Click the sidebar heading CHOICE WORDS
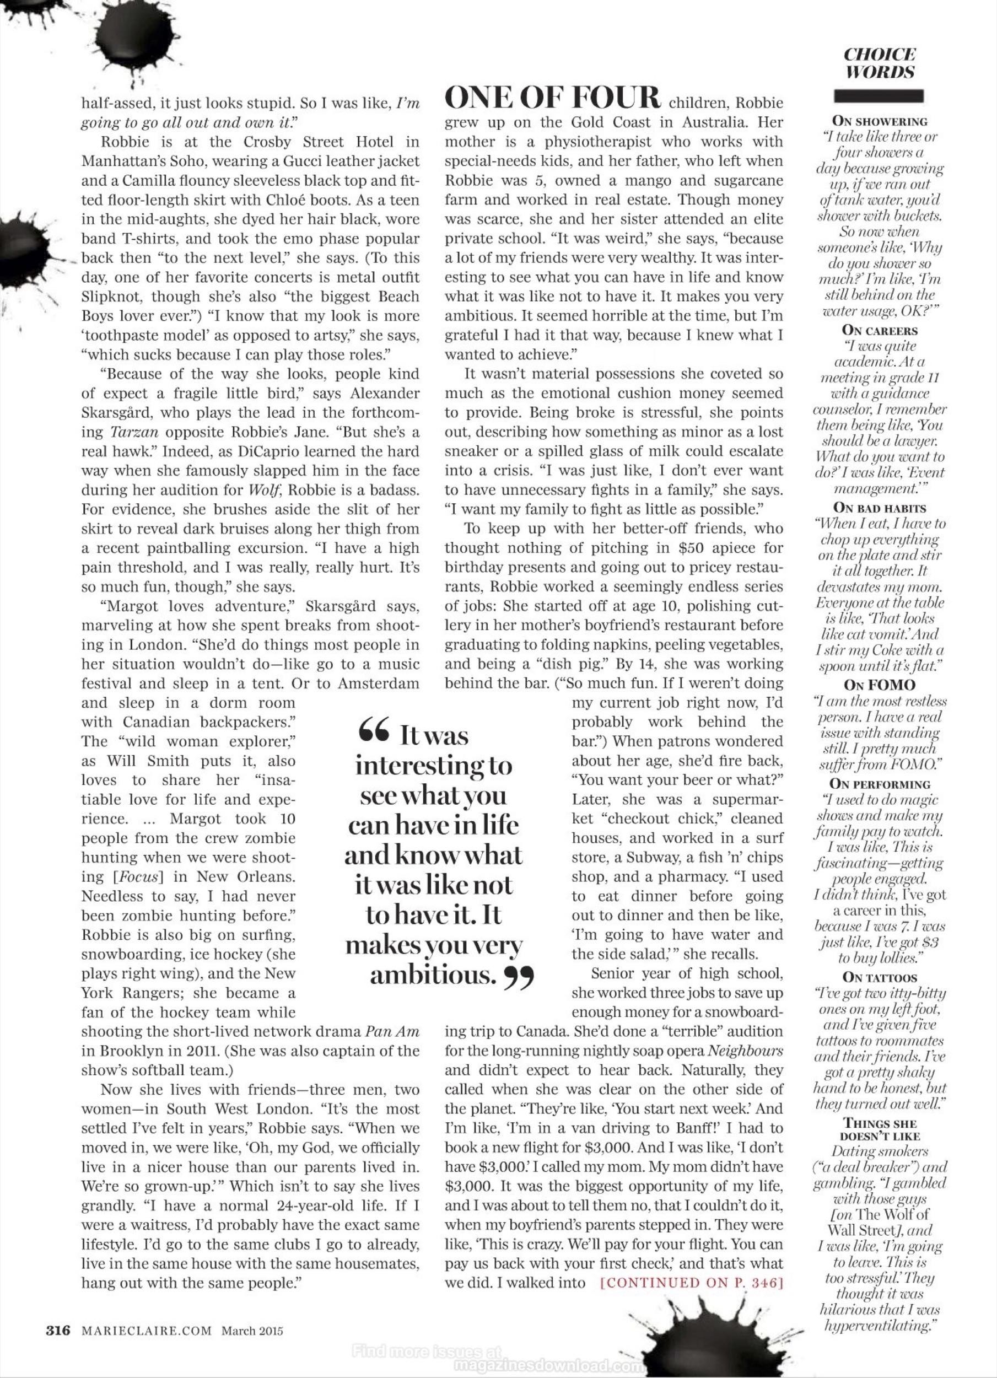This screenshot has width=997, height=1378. click(x=880, y=63)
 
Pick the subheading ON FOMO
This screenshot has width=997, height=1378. click(x=879, y=685)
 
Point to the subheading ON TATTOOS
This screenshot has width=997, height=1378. click(x=879, y=978)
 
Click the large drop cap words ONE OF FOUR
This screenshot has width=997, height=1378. click(x=553, y=98)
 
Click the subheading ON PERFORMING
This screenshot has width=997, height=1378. click(x=879, y=784)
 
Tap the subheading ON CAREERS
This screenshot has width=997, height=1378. click(x=879, y=331)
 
